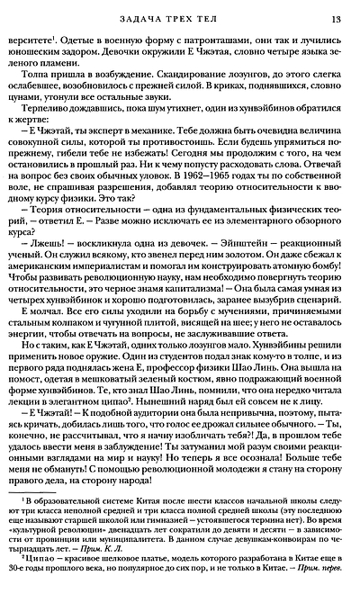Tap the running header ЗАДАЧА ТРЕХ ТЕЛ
click(178, 19)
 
